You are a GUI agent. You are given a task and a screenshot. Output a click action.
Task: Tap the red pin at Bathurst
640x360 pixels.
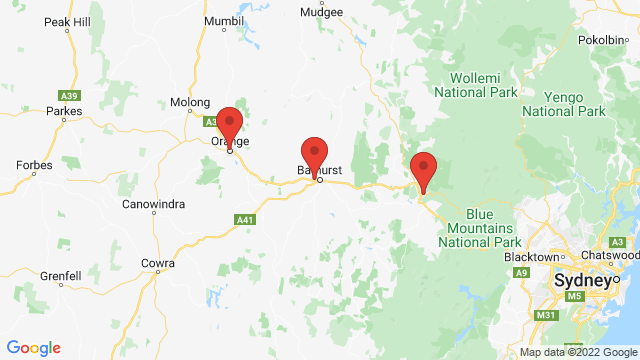point(315,156)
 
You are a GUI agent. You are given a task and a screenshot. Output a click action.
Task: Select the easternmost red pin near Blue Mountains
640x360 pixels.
point(423,170)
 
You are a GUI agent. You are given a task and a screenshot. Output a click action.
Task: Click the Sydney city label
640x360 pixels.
point(581,282)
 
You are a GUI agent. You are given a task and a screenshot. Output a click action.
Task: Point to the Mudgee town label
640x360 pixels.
point(322,13)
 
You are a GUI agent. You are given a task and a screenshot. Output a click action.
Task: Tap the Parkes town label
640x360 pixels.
point(63,111)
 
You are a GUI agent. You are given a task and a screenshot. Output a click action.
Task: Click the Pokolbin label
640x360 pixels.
point(603,40)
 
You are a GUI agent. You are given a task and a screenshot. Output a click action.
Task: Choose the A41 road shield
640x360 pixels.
point(244,219)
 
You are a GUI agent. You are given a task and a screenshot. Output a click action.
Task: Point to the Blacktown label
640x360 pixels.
point(532,258)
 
